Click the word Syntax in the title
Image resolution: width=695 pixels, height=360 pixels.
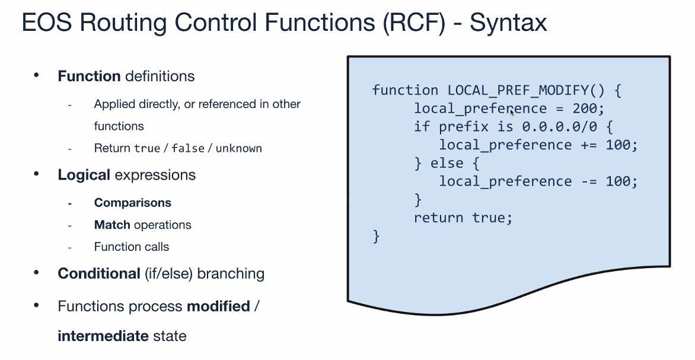pos(508,22)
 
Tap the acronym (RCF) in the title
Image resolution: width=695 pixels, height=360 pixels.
pos(414,22)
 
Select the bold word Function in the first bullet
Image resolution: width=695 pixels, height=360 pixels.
pos(89,76)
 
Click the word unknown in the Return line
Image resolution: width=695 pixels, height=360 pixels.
pos(238,148)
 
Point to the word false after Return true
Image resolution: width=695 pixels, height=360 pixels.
pos(188,148)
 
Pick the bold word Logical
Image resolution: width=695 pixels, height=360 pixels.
pos(84,175)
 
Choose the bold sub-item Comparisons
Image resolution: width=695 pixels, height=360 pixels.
pos(132,203)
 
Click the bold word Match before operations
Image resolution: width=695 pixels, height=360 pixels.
pos(112,225)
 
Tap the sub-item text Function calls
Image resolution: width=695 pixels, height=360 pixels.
pos(132,247)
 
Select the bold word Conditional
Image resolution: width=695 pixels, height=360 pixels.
pos(99,273)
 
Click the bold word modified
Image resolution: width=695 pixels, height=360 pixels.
pos(218,306)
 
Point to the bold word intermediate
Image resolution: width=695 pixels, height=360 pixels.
pos(103,336)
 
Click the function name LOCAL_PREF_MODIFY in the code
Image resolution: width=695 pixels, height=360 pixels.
pos(518,90)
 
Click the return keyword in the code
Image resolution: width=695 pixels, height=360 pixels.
pos(439,218)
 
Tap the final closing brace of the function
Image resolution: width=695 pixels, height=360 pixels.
pos(377,236)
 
